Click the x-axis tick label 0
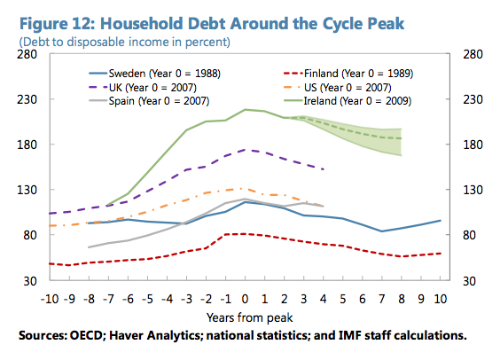click(245, 298)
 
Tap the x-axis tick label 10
click(440, 298)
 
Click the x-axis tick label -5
click(147, 298)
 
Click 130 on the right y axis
click(470, 190)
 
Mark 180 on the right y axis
click(470, 145)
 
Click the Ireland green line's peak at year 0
click(245, 109)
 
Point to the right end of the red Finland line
click(441, 254)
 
